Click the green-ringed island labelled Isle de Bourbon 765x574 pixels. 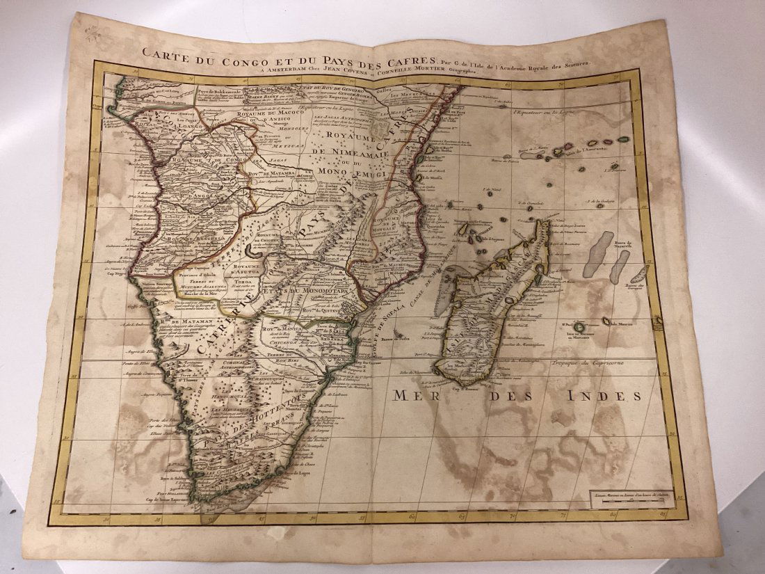[x=579, y=326]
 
